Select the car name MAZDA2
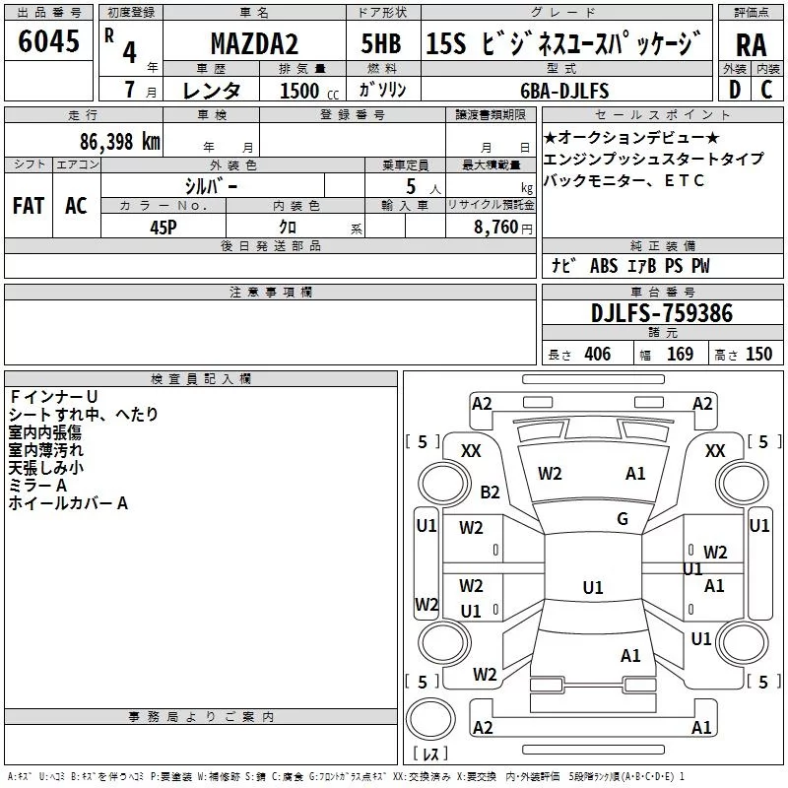(x=252, y=44)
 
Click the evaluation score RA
(x=751, y=45)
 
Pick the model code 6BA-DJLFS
(x=564, y=91)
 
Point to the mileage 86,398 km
(x=119, y=141)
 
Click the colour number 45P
(x=164, y=226)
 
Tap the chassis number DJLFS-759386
(x=662, y=314)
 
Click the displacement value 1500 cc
(x=301, y=91)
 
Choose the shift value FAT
(x=28, y=206)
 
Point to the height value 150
(x=758, y=355)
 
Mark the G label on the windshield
(x=622, y=519)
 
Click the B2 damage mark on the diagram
(x=490, y=492)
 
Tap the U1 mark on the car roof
(x=592, y=588)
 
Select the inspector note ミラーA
(x=37, y=486)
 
